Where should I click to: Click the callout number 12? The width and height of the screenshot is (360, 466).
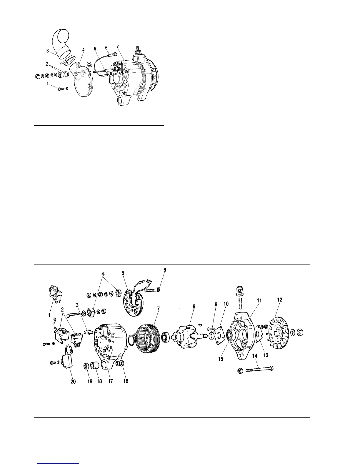coord(280,300)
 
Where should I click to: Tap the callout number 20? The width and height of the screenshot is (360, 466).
coord(73,382)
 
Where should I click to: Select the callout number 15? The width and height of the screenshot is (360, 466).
coord(221,359)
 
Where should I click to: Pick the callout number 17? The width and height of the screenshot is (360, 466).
coord(110,381)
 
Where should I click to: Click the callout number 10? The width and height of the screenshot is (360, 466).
coord(226,304)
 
